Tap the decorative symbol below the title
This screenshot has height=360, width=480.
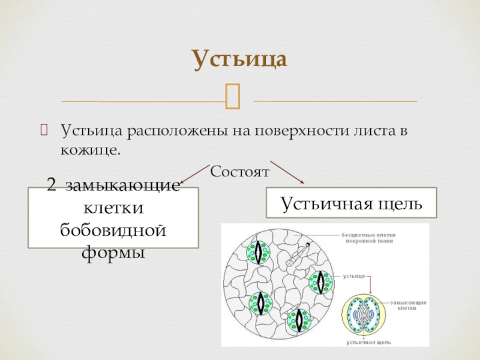coord(233,97)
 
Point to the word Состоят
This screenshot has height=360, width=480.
coord(240,172)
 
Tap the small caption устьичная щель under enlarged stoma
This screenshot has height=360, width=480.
coord(369,343)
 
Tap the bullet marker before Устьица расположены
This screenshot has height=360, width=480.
coord(43,130)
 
